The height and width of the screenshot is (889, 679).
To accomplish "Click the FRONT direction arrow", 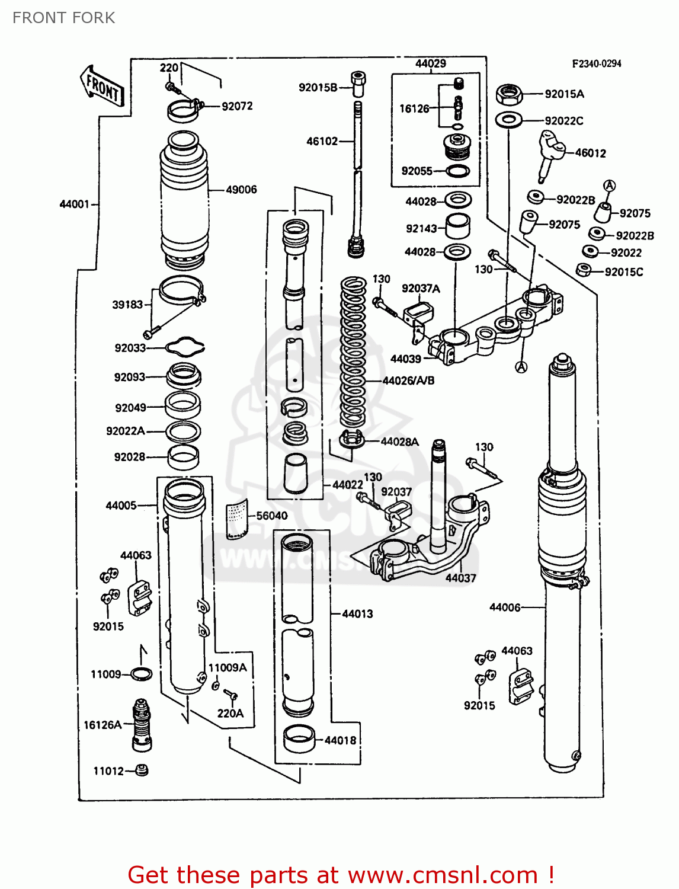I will [102, 87].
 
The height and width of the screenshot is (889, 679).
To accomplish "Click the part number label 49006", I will [241, 190].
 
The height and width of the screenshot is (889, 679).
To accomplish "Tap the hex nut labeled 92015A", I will [508, 94].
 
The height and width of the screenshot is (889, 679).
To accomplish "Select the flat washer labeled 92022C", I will [508, 120].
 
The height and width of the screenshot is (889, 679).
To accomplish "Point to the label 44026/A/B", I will [408, 380].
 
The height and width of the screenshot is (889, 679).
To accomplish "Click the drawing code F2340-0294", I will [596, 63].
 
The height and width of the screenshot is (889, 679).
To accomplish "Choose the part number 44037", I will [460, 578].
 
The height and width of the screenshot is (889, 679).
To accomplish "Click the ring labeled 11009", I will [140, 674].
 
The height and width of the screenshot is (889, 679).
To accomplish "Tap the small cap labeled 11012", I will [141, 770].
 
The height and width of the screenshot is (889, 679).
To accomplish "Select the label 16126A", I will [103, 725].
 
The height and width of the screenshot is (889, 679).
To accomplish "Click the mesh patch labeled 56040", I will [238, 519].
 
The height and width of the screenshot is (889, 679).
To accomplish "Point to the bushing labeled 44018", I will [299, 739].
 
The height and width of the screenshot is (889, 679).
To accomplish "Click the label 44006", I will [505, 607].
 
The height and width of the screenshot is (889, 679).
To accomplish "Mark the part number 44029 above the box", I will [430, 63].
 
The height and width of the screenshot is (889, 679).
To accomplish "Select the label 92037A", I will [421, 289].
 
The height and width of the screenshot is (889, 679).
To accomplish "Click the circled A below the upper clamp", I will [521, 367].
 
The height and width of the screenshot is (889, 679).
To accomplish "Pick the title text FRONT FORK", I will [64, 18].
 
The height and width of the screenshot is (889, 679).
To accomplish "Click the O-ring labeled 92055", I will [457, 171].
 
